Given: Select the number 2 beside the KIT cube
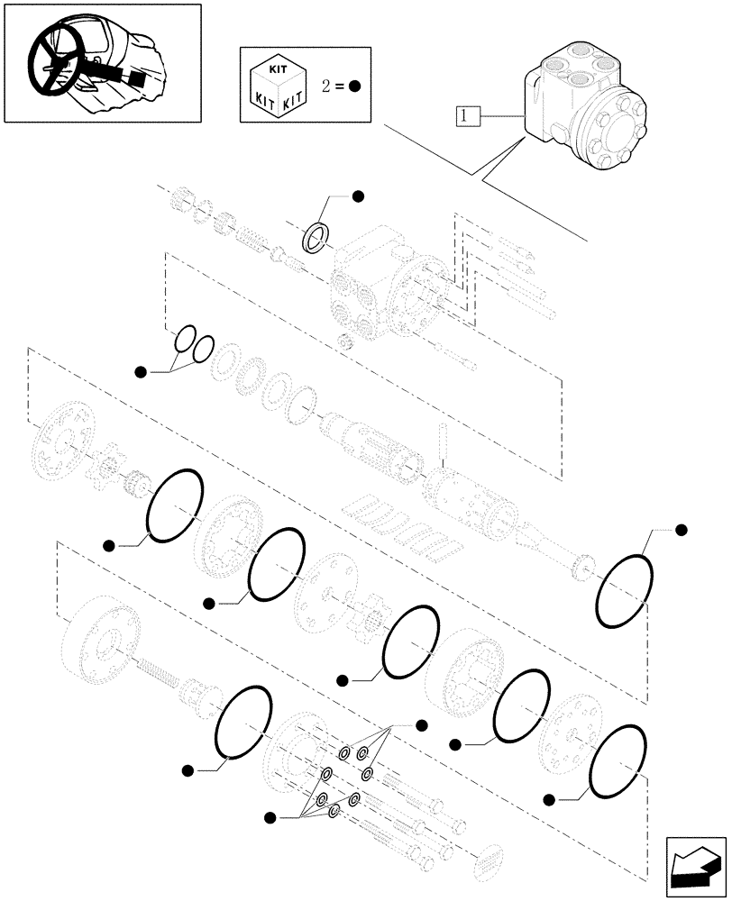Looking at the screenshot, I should tap(326, 86).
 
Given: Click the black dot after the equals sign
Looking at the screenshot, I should tap(354, 86).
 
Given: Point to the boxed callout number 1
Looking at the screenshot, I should tap(464, 114).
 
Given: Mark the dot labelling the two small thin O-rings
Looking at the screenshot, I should tap(140, 371).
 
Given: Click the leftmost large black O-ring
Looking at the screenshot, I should tap(175, 506).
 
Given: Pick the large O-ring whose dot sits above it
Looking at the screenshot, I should tap(622, 592).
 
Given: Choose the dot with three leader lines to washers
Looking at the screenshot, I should tap(420, 725).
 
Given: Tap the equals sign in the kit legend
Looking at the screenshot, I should tap(339, 86).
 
